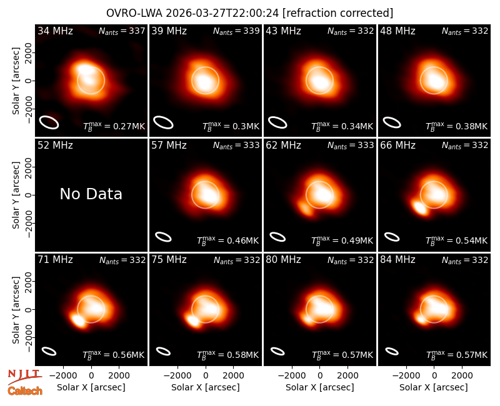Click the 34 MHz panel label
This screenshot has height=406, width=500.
[55, 31]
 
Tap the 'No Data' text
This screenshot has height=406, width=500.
[91, 194]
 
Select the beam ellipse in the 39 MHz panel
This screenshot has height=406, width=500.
[163, 122]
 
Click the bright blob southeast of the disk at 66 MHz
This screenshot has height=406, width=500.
[419, 207]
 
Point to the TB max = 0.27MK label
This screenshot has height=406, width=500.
[114, 126]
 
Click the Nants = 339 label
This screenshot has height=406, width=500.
[236, 31]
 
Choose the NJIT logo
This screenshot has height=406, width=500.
[24, 377]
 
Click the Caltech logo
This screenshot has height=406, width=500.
[25, 391]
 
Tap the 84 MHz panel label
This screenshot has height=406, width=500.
[397, 260]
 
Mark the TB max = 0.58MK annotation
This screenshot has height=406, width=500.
[227, 355]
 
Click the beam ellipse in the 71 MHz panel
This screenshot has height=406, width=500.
[49, 351]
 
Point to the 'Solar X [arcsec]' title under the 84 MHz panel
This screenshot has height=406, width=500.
[434, 387]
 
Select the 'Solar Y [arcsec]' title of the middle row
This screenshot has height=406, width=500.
[16, 195]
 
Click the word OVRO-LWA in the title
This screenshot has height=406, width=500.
[134, 13]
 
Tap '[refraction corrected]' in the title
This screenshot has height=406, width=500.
[337, 13]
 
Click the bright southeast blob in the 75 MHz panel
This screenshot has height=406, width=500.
[193, 320]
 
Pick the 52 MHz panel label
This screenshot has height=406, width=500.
[55, 146]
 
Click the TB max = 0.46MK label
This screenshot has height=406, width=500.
[227, 240]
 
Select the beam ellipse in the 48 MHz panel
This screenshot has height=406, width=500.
[392, 122]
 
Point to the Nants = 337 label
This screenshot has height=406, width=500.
[122, 31]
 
